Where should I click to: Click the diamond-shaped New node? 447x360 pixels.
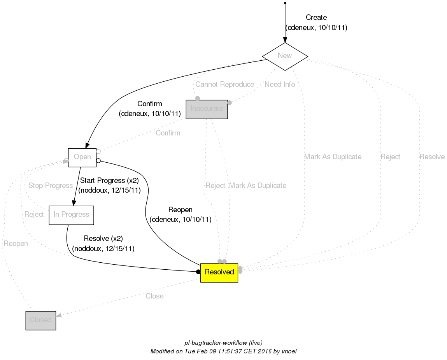click(x=285, y=56)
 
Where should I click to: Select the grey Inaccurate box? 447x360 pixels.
click(x=207, y=109)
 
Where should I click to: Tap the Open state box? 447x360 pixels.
click(x=82, y=157)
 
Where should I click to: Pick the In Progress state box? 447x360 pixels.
click(x=71, y=215)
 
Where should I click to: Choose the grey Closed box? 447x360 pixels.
click(x=41, y=320)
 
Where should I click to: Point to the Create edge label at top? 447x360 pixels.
click(x=316, y=18)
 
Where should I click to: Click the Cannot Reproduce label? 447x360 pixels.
click(x=224, y=84)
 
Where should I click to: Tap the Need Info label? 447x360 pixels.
click(x=279, y=84)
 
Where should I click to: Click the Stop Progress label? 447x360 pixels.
click(x=51, y=186)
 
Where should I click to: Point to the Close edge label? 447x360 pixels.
click(x=154, y=296)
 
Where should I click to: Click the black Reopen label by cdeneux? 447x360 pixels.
click(x=181, y=210)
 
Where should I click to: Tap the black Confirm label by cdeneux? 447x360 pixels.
click(x=150, y=104)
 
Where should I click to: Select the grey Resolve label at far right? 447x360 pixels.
click(x=432, y=157)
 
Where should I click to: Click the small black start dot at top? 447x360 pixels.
click(x=285, y=3)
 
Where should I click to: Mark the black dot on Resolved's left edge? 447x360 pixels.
click(x=198, y=272)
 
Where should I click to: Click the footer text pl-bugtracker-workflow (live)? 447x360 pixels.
click(x=223, y=343)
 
